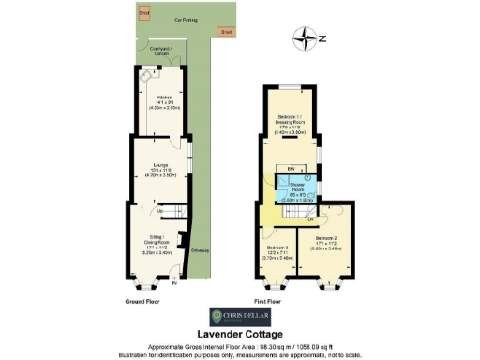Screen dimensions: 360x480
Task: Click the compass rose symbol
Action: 307,38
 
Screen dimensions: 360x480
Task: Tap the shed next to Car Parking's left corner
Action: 143,14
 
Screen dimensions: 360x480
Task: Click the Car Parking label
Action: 172,18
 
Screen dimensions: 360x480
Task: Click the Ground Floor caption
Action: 143,301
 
